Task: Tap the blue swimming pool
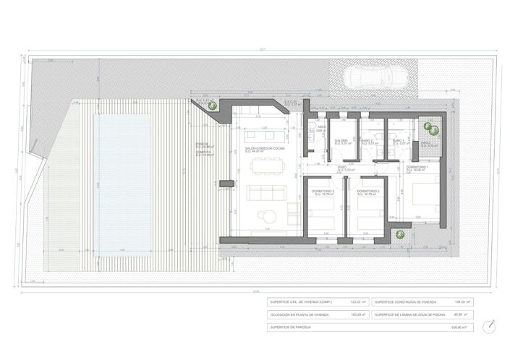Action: coord(124,183)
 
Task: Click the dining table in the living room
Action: coord(265,165)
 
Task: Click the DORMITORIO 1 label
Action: coord(417,168)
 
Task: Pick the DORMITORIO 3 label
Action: coord(323,191)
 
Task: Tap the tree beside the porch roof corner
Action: coord(212,106)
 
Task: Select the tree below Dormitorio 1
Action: coord(399,233)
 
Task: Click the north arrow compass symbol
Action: coord(491,325)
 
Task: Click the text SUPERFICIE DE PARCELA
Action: coord(292,327)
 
